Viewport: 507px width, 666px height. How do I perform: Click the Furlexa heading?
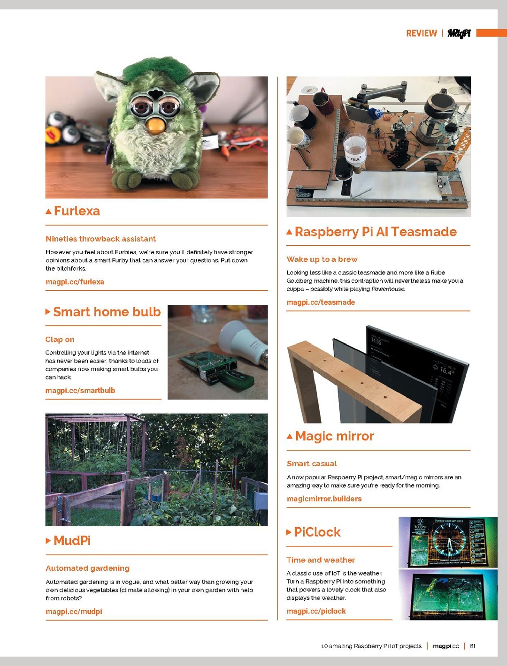tap(77, 211)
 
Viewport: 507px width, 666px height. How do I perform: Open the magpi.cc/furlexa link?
tap(75, 282)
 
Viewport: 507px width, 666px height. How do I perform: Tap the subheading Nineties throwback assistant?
tap(100, 239)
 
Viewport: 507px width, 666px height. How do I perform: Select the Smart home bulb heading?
tap(107, 311)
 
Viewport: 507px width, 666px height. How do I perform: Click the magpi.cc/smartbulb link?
tap(80, 391)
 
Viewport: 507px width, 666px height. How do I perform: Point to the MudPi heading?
tap(72, 540)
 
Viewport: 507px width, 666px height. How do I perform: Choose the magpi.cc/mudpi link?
tap(74, 612)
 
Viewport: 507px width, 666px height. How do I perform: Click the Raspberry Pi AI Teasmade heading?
tap(376, 232)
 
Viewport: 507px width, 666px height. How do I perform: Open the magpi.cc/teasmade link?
tap(321, 302)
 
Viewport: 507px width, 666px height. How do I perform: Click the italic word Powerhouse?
tap(388, 289)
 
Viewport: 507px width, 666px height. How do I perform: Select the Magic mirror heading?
tap(335, 436)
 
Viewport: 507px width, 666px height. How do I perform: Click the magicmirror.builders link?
tap(324, 499)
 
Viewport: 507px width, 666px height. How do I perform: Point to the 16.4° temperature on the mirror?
tap(447, 371)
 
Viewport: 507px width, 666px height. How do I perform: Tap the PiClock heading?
tap(317, 532)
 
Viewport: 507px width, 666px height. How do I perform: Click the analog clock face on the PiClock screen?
tap(449, 542)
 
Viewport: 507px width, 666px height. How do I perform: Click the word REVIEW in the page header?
tap(422, 33)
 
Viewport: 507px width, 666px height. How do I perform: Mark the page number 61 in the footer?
tap(473, 646)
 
